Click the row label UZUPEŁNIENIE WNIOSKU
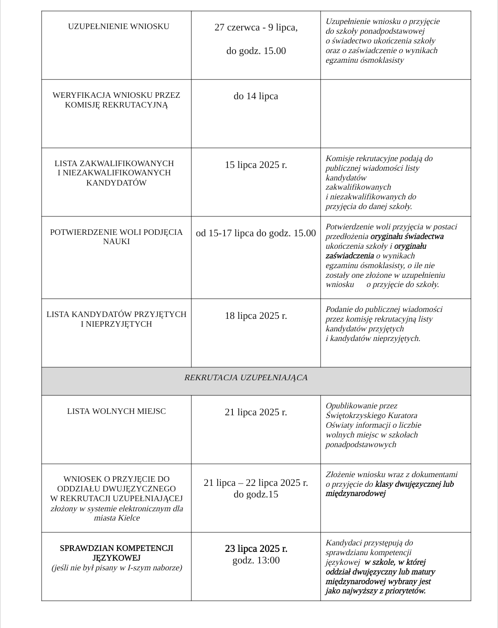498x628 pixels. click(x=119, y=27)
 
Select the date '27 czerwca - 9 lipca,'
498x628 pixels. click(x=256, y=28)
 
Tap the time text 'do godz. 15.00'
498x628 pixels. click(x=256, y=51)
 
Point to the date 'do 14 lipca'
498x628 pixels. click(x=256, y=96)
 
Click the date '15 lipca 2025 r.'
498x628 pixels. click(x=256, y=165)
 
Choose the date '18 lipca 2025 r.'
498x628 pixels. click(x=256, y=316)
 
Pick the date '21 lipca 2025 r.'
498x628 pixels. click(x=256, y=413)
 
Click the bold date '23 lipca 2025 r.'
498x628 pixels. click(x=256, y=549)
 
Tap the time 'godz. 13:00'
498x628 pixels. click(x=256, y=561)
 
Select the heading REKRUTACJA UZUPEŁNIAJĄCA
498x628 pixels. click(x=246, y=378)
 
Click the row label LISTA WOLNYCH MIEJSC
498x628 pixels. click(x=116, y=412)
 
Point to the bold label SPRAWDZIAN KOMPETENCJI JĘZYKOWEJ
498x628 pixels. click(x=116, y=553)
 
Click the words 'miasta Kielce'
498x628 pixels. click(x=117, y=518)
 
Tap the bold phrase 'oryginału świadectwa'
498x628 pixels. click(x=407, y=237)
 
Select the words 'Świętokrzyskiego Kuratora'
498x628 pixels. click(x=371, y=416)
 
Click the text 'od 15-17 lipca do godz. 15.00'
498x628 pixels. click(x=256, y=233)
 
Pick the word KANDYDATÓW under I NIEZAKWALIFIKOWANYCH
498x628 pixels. click(x=116, y=183)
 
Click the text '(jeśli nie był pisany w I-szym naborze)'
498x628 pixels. click(x=117, y=568)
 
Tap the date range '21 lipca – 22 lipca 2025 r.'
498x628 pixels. click(x=256, y=483)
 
